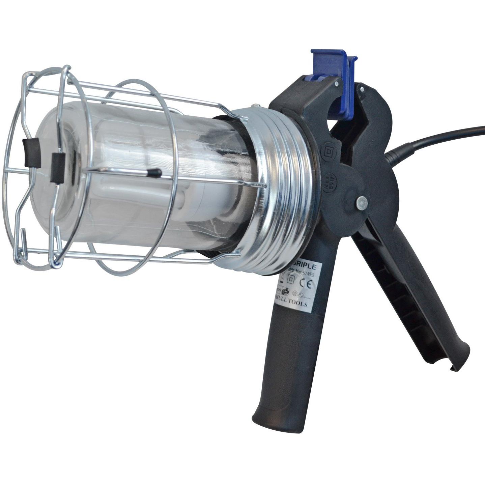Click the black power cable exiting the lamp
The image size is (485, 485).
[x=438, y=138]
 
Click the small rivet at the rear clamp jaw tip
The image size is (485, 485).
[x=362, y=89]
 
